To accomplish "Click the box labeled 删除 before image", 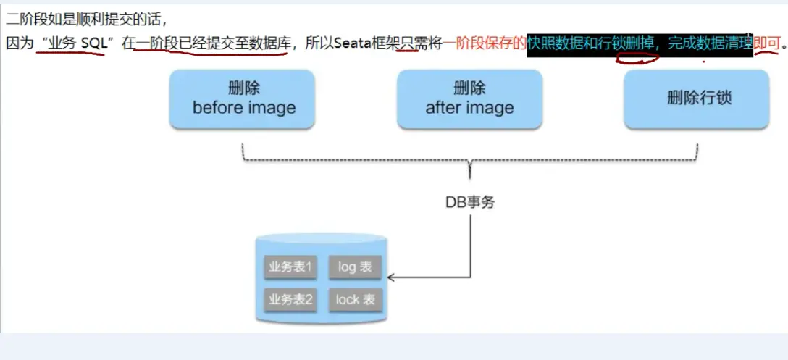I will (x=244, y=99).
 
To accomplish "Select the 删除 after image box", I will (x=469, y=99).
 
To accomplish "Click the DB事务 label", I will (x=470, y=203).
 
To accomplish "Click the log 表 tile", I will (x=354, y=267).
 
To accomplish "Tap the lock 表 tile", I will (x=354, y=299).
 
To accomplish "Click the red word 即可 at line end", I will (x=766, y=43).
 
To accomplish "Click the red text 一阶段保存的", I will (x=485, y=43).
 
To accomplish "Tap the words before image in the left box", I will (x=244, y=108).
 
